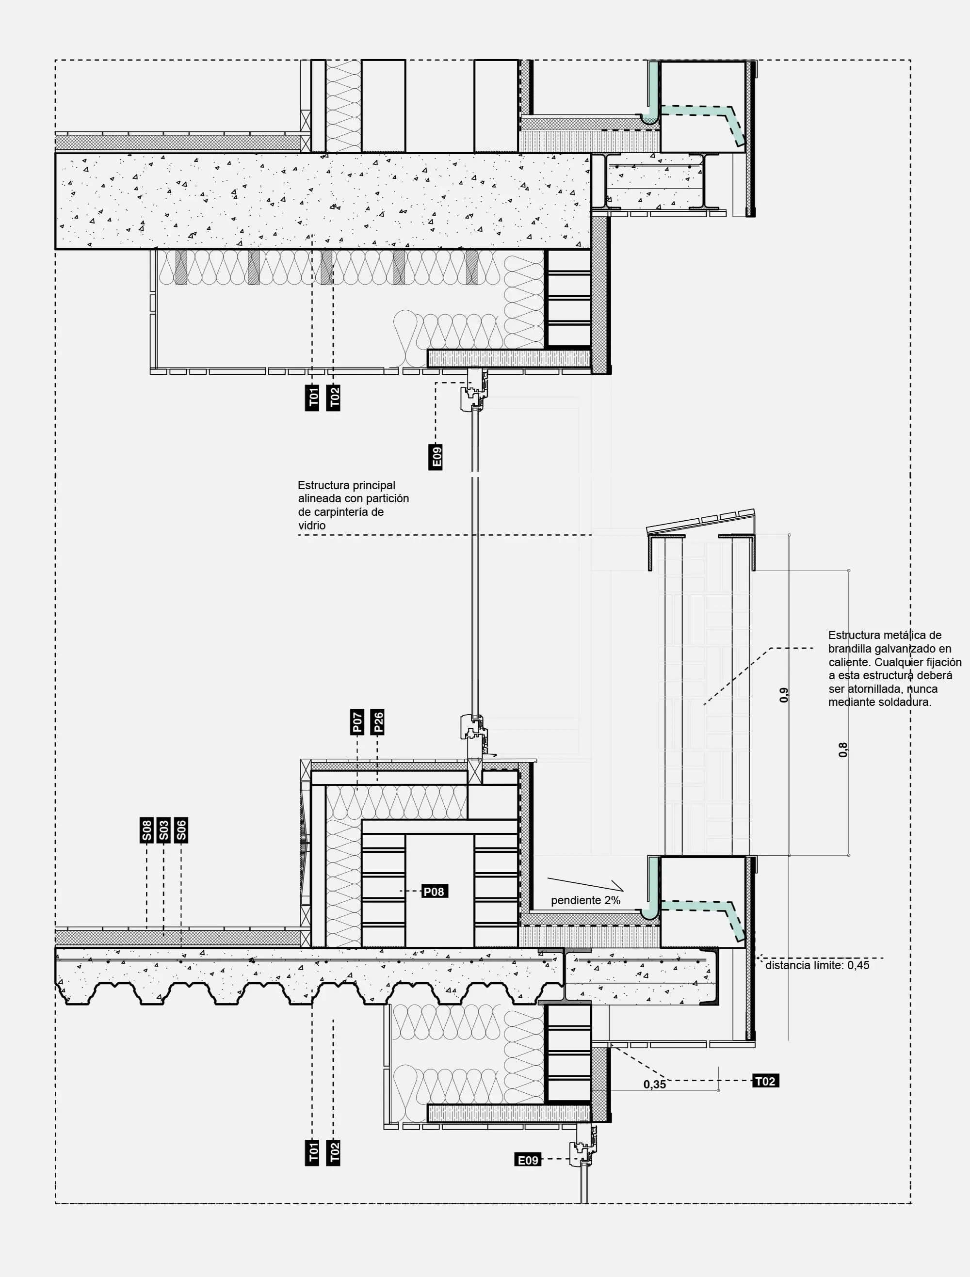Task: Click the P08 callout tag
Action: pos(434,892)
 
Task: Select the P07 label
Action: pos(357,721)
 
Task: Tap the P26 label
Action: pos(378,721)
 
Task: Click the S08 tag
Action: pos(146,830)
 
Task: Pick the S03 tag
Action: pos(164,830)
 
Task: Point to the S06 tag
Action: pos(181,830)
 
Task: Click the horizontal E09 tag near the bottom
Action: pos(528,1160)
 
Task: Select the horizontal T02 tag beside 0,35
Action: pos(766,1081)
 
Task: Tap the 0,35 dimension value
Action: pos(655,1085)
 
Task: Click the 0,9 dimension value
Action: pos(783,695)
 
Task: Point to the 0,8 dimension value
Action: pos(843,750)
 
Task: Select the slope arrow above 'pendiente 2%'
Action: pos(585,884)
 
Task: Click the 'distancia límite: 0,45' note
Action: pos(818,965)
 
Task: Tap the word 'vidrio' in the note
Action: pos(312,526)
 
